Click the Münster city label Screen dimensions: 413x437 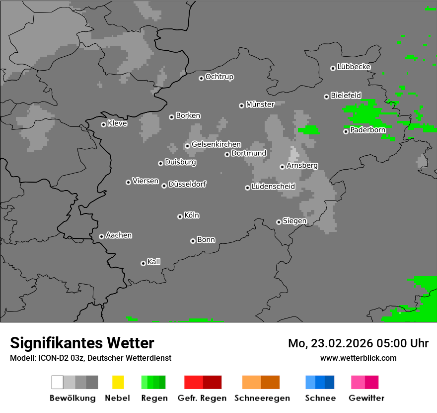(x=260, y=104)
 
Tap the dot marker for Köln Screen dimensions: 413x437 (x=180, y=216)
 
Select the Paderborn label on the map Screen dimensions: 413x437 (x=368, y=130)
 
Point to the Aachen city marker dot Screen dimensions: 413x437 (x=101, y=236)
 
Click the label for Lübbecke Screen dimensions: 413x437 (x=354, y=67)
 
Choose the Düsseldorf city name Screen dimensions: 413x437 (x=187, y=184)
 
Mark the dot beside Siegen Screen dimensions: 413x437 (x=279, y=222)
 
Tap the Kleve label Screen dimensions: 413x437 (x=118, y=123)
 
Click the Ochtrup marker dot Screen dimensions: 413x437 (x=201, y=78)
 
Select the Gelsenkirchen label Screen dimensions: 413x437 (x=216, y=144)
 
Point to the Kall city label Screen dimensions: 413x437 (x=154, y=262)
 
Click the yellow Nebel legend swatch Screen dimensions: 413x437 (x=118, y=382)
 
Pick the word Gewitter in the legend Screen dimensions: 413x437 (x=366, y=398)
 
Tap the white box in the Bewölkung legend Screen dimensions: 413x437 (x=57, y=382)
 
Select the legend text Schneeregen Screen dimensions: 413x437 (x=262, y=398)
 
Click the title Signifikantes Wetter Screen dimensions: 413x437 (x=82, y=343)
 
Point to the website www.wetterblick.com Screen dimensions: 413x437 (x=359, y=358)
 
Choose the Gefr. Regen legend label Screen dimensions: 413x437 (x=202, y=398)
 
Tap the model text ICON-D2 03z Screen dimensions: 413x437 (x=59, y=358)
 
